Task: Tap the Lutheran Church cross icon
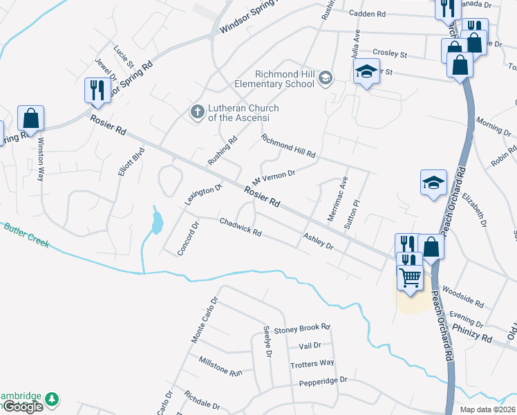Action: [x=198, y=111]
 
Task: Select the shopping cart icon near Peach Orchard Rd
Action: [x=411, y=278]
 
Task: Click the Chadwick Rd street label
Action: [x=241, y=228]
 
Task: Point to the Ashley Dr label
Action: [x=319, y=241]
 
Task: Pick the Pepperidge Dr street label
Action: [x=323, y=381]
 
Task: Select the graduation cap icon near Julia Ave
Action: [x=366, y=72]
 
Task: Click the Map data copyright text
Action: [x=487, y=409]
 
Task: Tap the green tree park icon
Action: [x=51, y=400]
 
